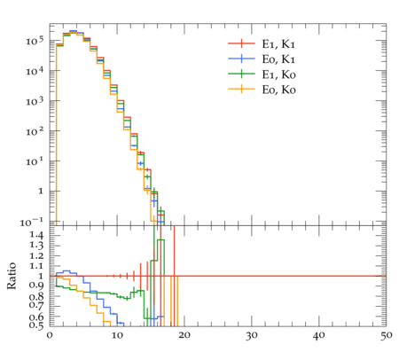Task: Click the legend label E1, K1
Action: (x=278, y=44)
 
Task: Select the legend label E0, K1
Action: (x=278, y=59)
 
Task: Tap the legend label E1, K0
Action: (x=278, y=74)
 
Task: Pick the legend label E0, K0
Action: (x=278, y=90)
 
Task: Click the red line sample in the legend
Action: (x=241, y=43)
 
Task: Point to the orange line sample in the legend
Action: (x=241, y=89)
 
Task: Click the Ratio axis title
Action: (x=12, y=276)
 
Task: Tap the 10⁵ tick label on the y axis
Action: (x=35, y=40)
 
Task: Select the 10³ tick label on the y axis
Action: (x=35, y=100)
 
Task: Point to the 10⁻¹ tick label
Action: (x=32, y=222)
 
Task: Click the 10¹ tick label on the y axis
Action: (x=35, y=161)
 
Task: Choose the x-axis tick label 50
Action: (x=386, y=335)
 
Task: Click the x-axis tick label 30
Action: (x=252, y=335)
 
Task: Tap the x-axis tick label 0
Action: (x=50, y=335)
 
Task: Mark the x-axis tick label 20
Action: (x=184, y=335)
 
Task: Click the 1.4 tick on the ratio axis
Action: (x=36, y=235)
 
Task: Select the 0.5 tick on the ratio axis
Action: (x=36, y=325)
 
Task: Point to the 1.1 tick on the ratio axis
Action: (x=36, y=266)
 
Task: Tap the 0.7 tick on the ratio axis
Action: (x=36, y=305)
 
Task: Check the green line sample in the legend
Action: (x=241, y=74)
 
